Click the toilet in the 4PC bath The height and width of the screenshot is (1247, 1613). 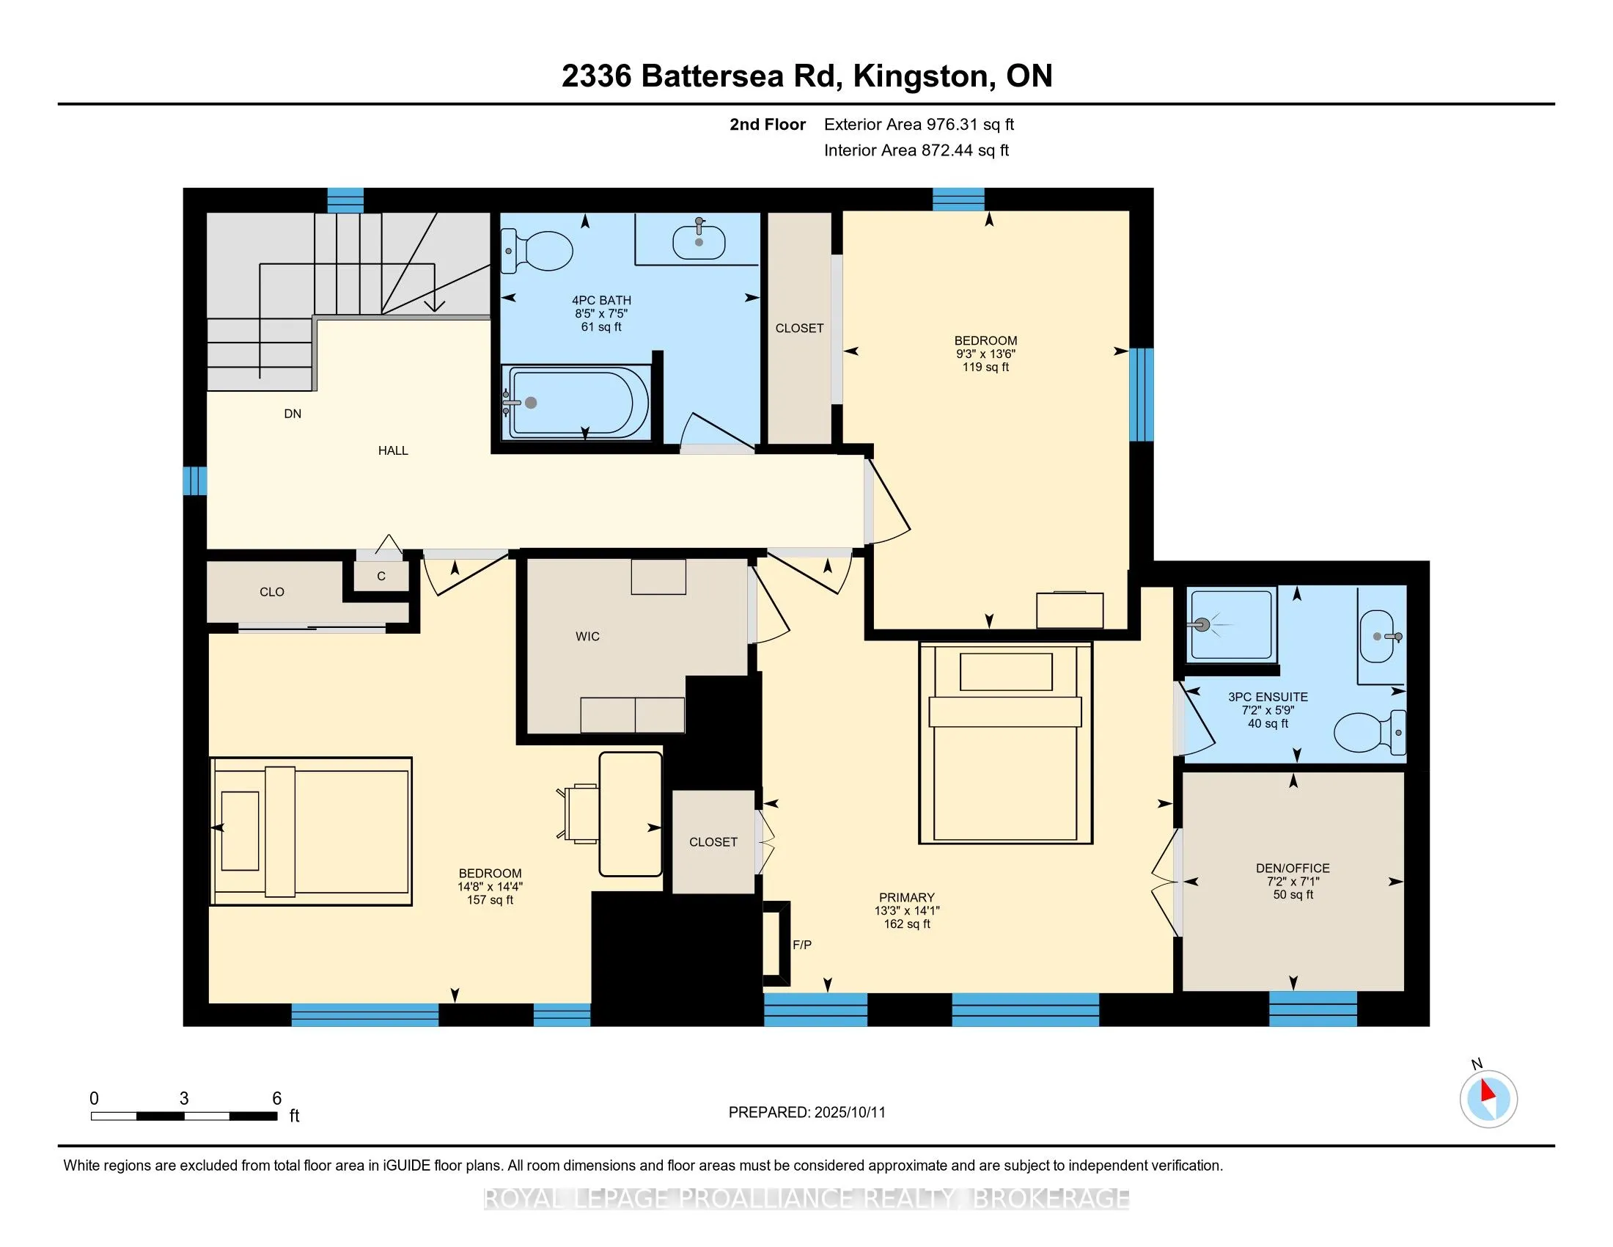[x=537, y=250]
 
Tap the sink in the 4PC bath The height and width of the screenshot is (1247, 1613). [x=699, y=241]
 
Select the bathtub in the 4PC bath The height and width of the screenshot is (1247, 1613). [x=576, y=403]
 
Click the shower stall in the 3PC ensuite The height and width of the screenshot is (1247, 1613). [x=1231, y=625]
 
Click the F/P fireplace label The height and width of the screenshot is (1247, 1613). [x=802, y=945]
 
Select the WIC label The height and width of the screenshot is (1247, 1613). [x=588, y=636]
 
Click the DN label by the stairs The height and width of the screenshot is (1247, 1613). [x=293, y=414]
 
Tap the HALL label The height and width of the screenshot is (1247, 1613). [x=393, y=450]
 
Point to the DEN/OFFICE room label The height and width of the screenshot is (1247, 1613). [x=1293, y=868]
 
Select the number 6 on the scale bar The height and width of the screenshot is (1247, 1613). [x=277, y=1099]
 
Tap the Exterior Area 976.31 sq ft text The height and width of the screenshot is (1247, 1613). [x=919, y=124]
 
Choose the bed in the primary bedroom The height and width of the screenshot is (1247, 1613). [x=1005, y=743]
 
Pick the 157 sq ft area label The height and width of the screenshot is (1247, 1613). [x=490, y=900]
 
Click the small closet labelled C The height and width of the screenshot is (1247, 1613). [x=381, y=576]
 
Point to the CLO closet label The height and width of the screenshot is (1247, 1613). [x=272, y=592]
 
